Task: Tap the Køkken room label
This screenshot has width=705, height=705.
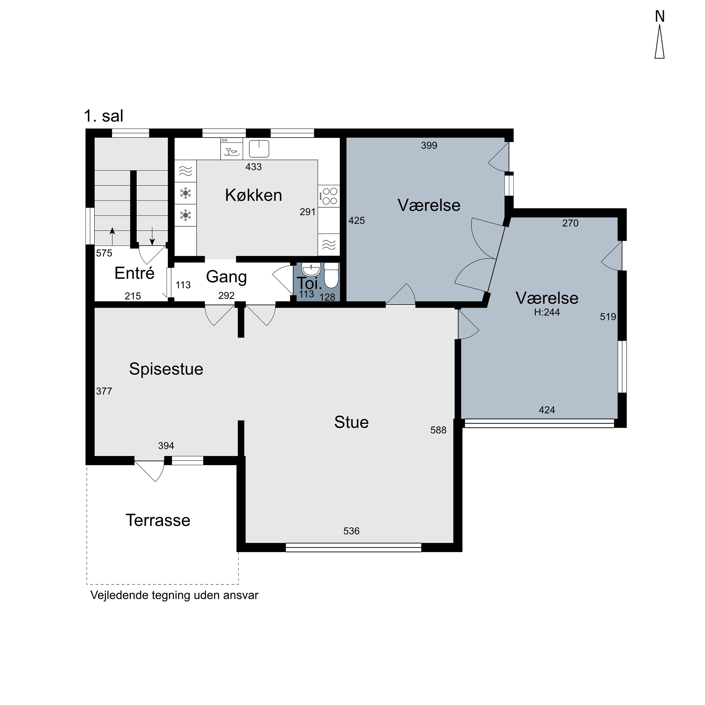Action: pyautogui.click(x=254, y=195)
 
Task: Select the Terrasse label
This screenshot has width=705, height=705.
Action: pyautogui.click(x=158, y=520)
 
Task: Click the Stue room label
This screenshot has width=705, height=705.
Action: pyautogui.click(x=351, y=423)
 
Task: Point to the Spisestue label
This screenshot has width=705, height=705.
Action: pyautogui.click(x=166, y=369)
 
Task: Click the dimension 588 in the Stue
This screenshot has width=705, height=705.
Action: pyautogui.click(x=438, y=430)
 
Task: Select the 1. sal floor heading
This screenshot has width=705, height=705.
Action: pyautogui.click(x=104, y=116)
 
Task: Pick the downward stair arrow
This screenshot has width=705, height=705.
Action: pyautogui.click(x=153, y=236)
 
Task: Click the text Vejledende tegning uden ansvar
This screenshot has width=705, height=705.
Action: pyautogui.click(x=174, y=595)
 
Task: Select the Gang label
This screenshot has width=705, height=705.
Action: pyautogui.click(x=226, y=277)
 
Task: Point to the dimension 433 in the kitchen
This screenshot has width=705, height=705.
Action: pyautogui.click(x=254, y=167)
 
